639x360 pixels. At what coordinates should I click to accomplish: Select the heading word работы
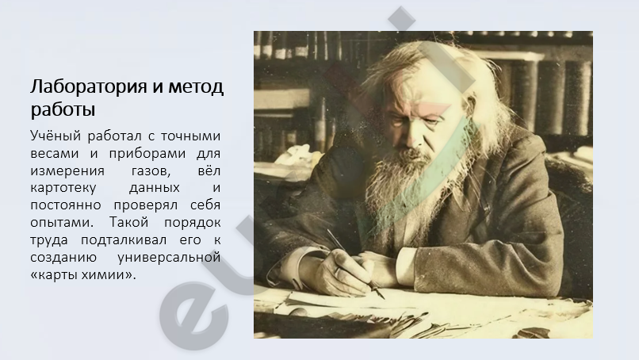pos(63,109)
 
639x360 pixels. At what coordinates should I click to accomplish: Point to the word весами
pos(55,153)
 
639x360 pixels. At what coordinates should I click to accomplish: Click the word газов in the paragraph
pos(151,171)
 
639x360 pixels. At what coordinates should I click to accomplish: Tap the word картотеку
pos(63,189)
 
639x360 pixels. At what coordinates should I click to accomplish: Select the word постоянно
pos(66,205)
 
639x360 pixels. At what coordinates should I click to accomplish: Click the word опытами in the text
pos(62,223)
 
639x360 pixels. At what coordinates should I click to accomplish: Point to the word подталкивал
pos(124,240)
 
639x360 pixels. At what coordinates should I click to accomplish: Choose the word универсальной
pos(169,258)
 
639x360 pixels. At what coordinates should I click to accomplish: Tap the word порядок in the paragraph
pos(193,223)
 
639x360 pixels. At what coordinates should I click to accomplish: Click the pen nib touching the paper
pos(382,296)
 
